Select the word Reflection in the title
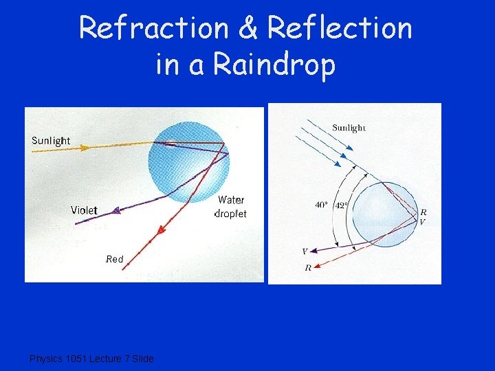click(340, 29)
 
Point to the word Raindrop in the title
click(275, 65)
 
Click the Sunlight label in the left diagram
click(51, 141)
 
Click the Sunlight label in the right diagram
click(349, 127)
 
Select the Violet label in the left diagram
click(84, 210)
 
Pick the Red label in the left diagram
click(115, 259)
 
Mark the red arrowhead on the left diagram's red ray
click(162, 232)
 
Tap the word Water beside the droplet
click(231, 200)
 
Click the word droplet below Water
click(231, 214)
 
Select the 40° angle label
click(322, 204)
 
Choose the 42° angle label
click(342, 204)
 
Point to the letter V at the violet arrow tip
click(305, 251)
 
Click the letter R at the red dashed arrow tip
click(307, 267)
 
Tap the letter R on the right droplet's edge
click(423, 212)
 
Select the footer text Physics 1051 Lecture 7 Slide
click(91, 359)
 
